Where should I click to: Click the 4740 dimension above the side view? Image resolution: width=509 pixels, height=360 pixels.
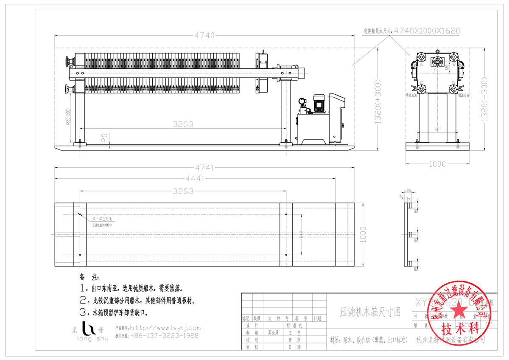tap(205, 35)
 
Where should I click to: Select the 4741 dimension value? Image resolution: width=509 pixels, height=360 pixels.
tap(205, 167)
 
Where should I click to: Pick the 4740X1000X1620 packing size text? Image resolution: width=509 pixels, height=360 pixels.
tap(427, 31)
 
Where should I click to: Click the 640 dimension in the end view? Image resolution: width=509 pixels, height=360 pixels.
tap(437, 130)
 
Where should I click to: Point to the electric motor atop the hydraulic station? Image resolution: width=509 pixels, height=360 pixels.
tap(318, 102)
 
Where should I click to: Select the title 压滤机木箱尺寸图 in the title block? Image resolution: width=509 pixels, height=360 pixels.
tap(370, 312)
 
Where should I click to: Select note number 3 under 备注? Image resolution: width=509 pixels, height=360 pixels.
tap(82, 313)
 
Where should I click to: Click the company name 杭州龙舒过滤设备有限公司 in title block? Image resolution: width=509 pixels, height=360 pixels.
tap(450, 340)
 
